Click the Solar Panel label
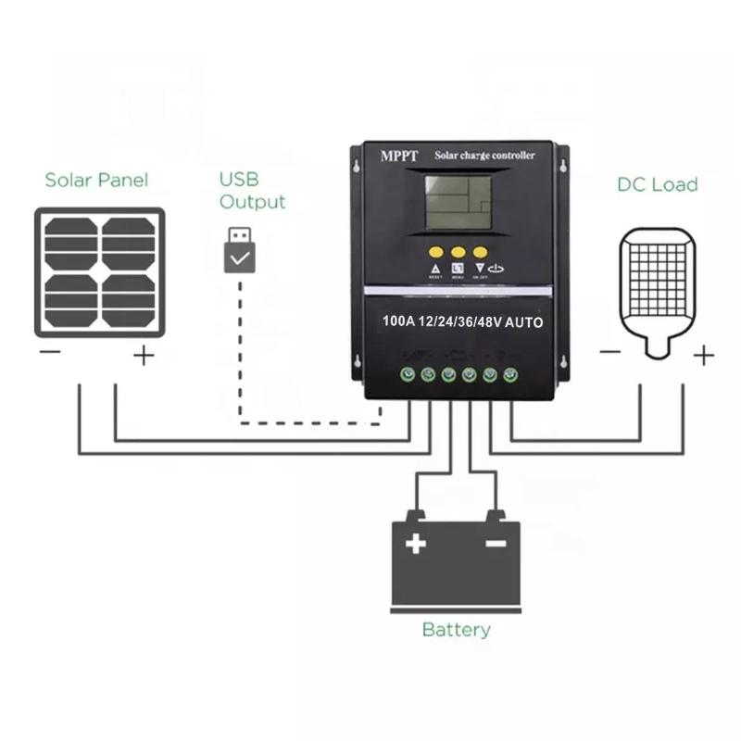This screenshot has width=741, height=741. pos(96,180)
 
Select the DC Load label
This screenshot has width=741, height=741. pos(657,184)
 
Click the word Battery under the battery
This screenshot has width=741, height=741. pos(456,630)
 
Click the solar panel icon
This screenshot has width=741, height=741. pos(100,271)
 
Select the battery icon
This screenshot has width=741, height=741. pos(456,560)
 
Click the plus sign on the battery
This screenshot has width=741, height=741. pos(416,543)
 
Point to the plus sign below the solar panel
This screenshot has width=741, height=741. pos(143,355)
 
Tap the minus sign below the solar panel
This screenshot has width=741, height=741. pos(50,353)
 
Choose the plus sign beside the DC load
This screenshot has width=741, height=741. pos(704,354)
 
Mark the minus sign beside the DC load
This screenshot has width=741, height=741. pos(609,352)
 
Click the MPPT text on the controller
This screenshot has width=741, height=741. pos(399,156)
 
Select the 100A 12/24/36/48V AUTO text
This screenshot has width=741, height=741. pos(462,322)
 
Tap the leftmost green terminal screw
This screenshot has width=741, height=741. pos(407,374)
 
